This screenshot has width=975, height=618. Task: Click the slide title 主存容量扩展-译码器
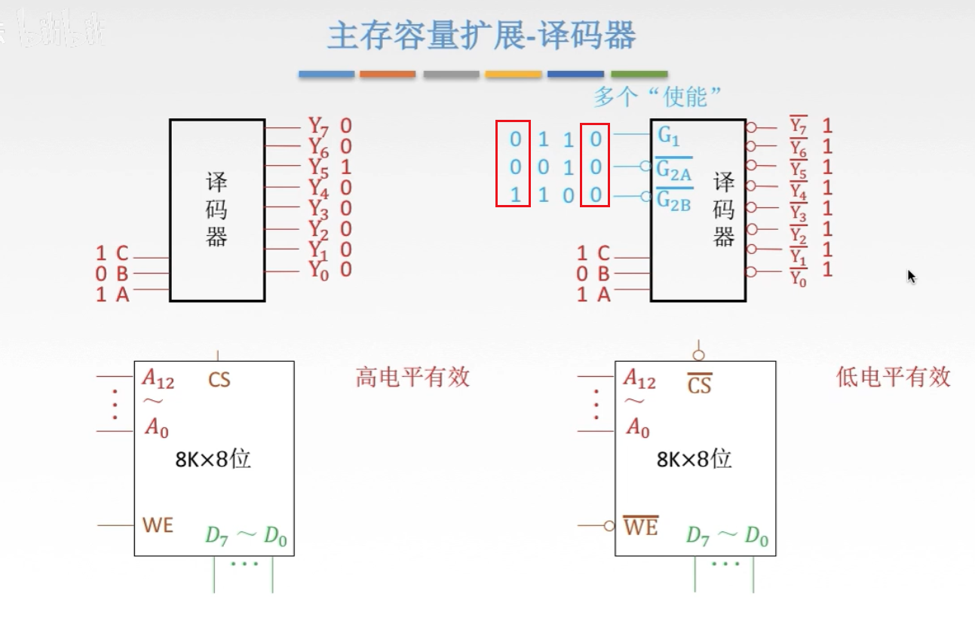[481, 36]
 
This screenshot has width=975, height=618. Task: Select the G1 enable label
[669, 136]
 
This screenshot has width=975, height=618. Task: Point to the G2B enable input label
[673, 200]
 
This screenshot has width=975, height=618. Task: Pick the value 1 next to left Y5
[345, 167]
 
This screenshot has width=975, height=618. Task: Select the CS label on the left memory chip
[219, 379]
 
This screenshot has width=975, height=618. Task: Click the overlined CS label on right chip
[699, 385]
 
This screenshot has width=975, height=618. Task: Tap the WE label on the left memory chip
[158, 525]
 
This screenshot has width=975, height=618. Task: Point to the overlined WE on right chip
[640, 526]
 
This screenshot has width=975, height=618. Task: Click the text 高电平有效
[412, 377]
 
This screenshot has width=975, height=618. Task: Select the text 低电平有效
[894, 377]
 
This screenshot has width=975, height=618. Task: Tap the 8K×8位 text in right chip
[694, 459]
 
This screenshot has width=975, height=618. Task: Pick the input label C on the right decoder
[603, 253]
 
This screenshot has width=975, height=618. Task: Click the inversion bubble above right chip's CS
[699, 355]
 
